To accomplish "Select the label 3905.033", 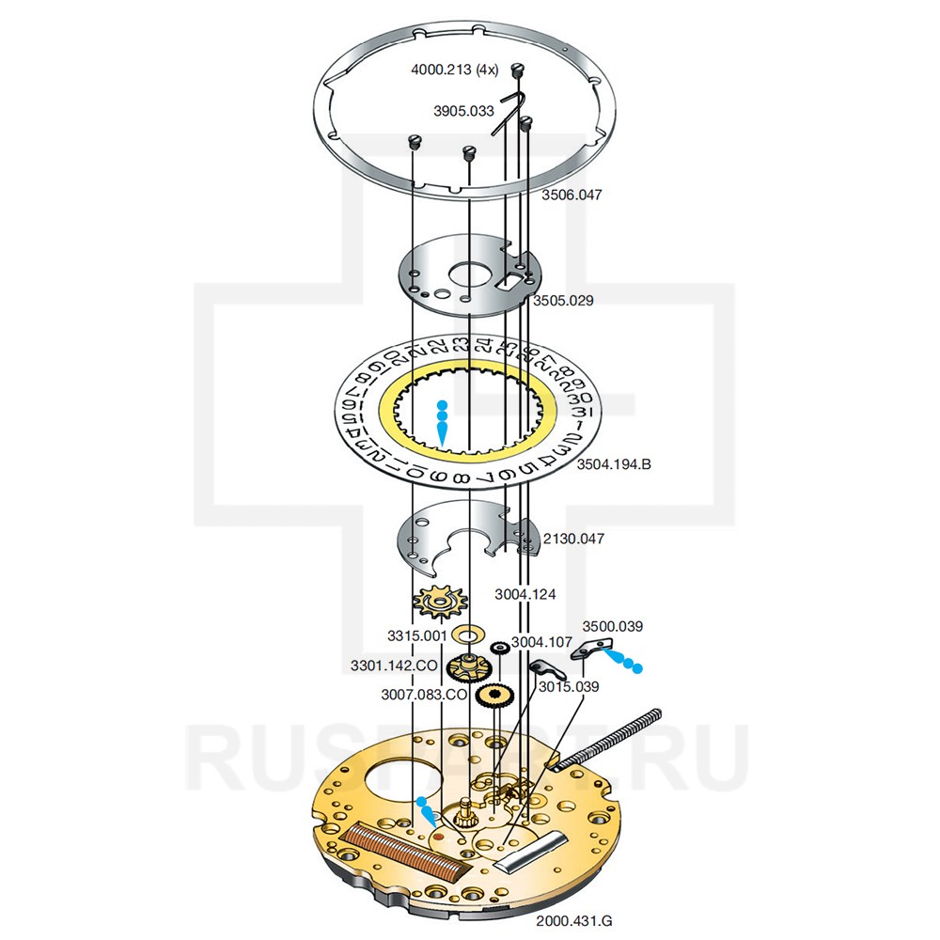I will click(x=463, y=111).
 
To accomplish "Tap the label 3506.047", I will click(x=572, y=196).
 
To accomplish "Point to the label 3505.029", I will click(x=563, y=301).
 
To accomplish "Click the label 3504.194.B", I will click(x=614, y=463).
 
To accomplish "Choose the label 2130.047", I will click(x=573, y=540).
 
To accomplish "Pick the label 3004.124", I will click(x=525, y=594).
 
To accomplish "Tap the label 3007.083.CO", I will click(x=424, y=695).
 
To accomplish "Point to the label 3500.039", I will click(x=612, y=626).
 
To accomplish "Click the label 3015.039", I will click(x=569, y=686).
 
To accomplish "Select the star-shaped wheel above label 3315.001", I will click(x=434, y=603).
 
